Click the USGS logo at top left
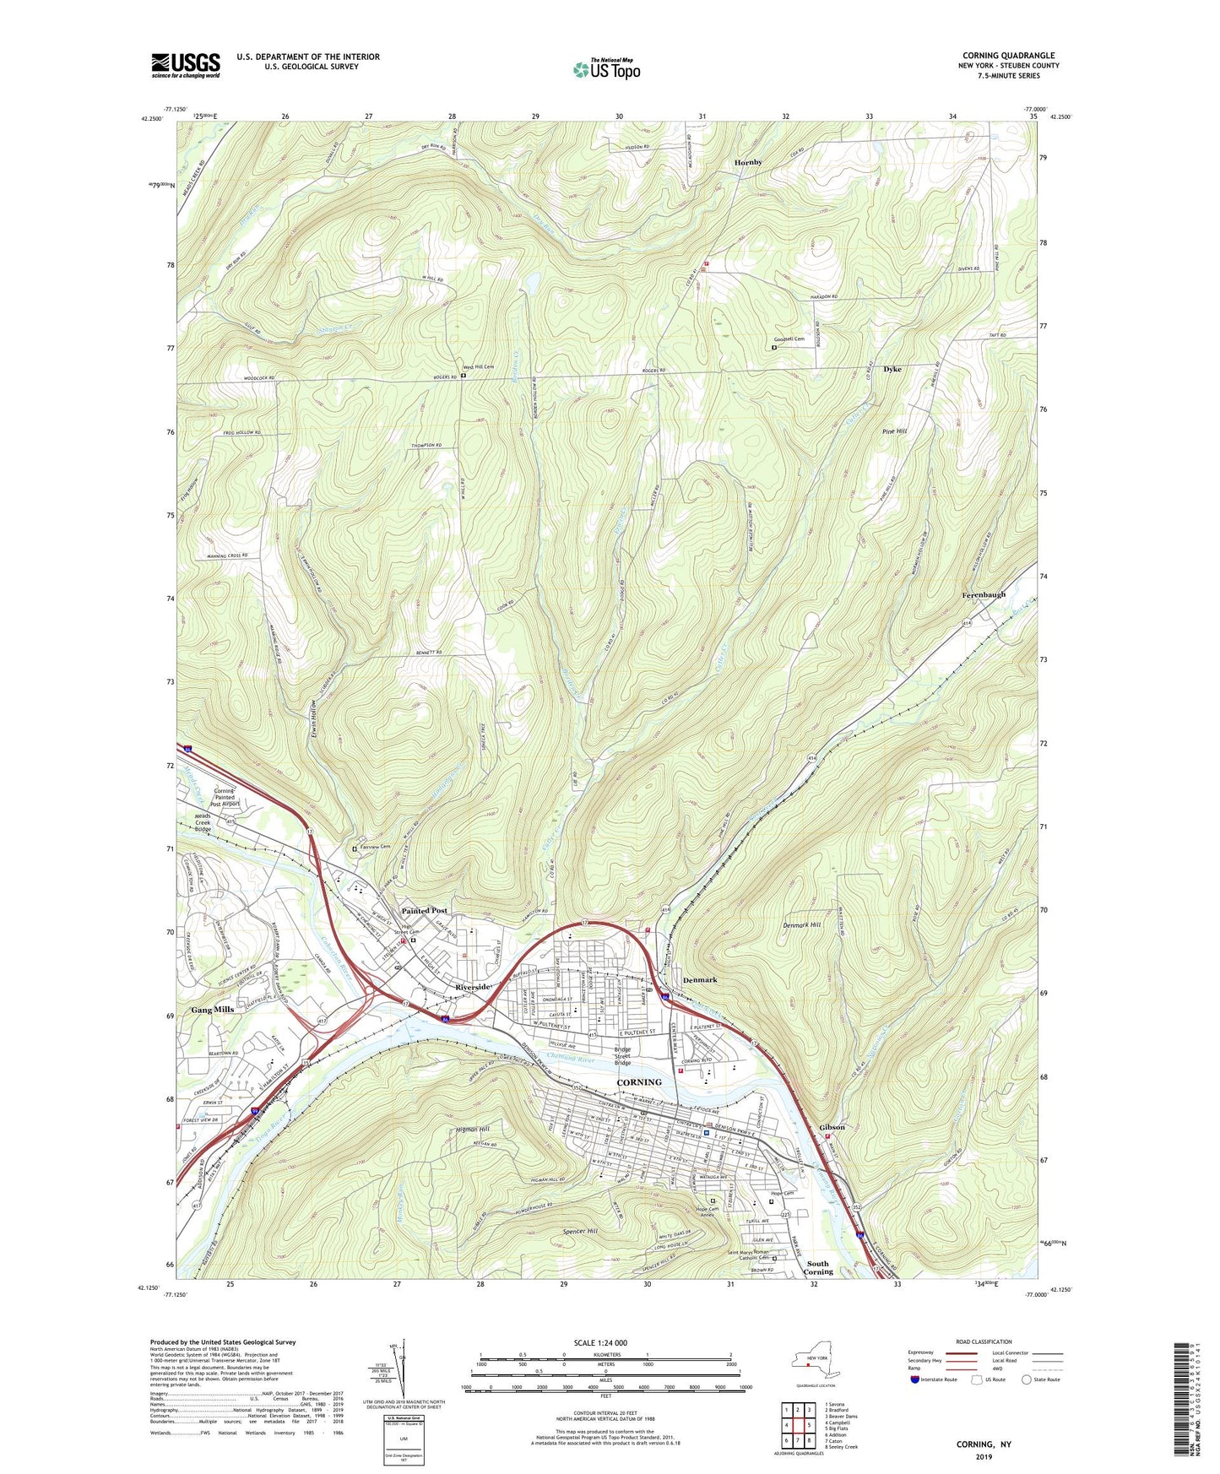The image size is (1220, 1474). click(186, 65)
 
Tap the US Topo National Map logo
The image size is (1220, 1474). click(605, 68)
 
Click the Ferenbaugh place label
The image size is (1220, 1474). click(984, 594)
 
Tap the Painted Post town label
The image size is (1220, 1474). click(424, 911)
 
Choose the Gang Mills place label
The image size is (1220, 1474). click(212, 1010)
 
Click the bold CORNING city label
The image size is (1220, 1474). click(639, 1082)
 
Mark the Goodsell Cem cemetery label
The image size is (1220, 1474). click(787, 339)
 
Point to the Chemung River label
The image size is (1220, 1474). click(571, 1059)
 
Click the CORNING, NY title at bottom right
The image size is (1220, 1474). click(984, 1444)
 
